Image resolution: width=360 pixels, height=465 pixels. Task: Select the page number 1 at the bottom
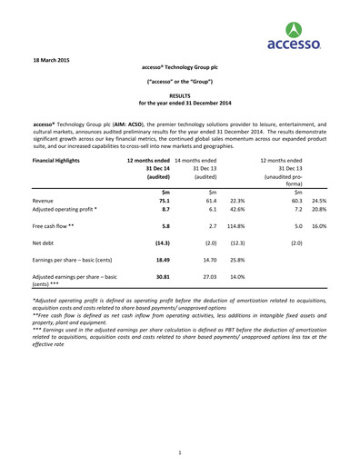click(180, 451)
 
